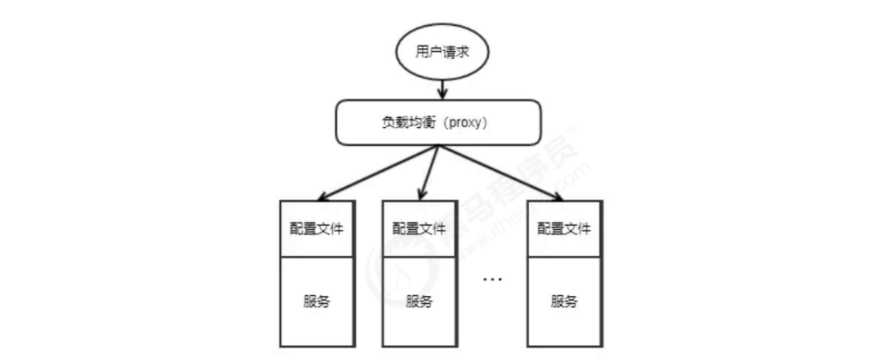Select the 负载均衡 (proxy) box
(x=438, y=121)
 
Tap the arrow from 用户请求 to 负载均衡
(x=444, y=88)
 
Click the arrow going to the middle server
(x=428, y=170)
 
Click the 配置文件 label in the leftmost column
(x=317, y=229)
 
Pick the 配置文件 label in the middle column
(x=419, y=229)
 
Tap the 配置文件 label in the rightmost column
(x=564, y=229)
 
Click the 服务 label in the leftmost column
(x=317, y=301)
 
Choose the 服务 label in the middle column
(x=419, y=301)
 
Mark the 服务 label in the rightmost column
(x=564, y=301)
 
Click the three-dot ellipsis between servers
(x=492, y=279)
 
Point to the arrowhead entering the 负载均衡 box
(x=444, y=95)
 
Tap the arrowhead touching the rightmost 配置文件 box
(x=558, y=196)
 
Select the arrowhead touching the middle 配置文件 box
(x=421, y=194)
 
